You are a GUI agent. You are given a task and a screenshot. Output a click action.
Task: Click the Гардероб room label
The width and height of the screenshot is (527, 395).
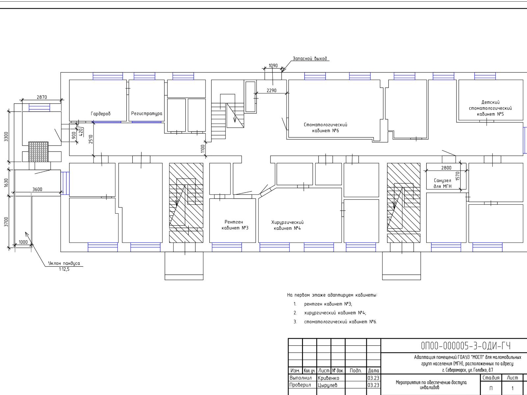coord(100,114)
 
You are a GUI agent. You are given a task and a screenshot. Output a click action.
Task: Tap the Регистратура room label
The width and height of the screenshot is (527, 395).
coord(147,114)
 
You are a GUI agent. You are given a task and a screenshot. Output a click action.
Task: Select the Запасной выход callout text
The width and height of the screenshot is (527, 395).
coord(310,59)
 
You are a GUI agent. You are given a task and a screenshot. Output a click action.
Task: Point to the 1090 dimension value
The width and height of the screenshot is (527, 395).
coord(273,66)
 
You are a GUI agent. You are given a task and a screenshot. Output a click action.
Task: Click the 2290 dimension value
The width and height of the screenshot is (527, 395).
coord(271,91)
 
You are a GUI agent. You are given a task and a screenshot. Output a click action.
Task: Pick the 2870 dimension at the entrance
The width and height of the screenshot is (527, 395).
coord(42,97)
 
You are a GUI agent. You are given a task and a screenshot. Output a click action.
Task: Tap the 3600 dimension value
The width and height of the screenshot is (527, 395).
coord(37,189)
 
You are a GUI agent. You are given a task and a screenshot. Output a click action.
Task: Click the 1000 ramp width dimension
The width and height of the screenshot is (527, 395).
coord(23,242)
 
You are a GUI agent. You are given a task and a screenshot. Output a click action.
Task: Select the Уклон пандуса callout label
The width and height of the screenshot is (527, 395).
coord(64,263)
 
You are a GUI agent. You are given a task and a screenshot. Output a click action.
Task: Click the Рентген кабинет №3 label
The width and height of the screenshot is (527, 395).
coord(234,225)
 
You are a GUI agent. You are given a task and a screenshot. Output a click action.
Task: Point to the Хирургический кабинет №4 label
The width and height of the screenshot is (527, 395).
coord(288,225)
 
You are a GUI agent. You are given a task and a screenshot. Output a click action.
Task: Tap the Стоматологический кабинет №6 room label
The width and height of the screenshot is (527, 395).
coord(325,128)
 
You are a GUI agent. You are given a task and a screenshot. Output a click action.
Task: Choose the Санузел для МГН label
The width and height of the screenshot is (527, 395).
coord(442,183)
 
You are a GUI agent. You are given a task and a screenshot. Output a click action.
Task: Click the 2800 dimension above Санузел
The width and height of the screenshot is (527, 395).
coord(446,168)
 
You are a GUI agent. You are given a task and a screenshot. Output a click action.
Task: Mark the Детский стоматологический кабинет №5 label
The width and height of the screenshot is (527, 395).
coord(490,108)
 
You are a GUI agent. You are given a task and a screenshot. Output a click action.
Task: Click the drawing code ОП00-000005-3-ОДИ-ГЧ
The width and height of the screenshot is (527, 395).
coord(466,346)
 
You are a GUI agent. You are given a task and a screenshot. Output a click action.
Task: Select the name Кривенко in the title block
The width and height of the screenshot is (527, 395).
coord(328,378)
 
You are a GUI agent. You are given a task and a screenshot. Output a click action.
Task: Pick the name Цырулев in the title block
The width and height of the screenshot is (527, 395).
coord(327,385)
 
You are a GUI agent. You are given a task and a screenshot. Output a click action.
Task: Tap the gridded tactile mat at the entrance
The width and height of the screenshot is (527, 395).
coord(39,151)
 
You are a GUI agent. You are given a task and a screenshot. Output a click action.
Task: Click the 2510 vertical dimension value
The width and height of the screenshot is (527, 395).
coord(91,139)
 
